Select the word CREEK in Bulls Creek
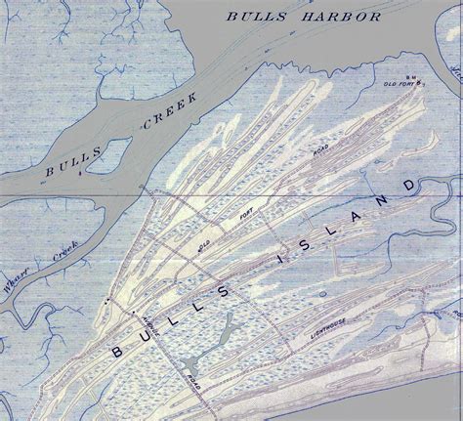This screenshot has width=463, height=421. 172,111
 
